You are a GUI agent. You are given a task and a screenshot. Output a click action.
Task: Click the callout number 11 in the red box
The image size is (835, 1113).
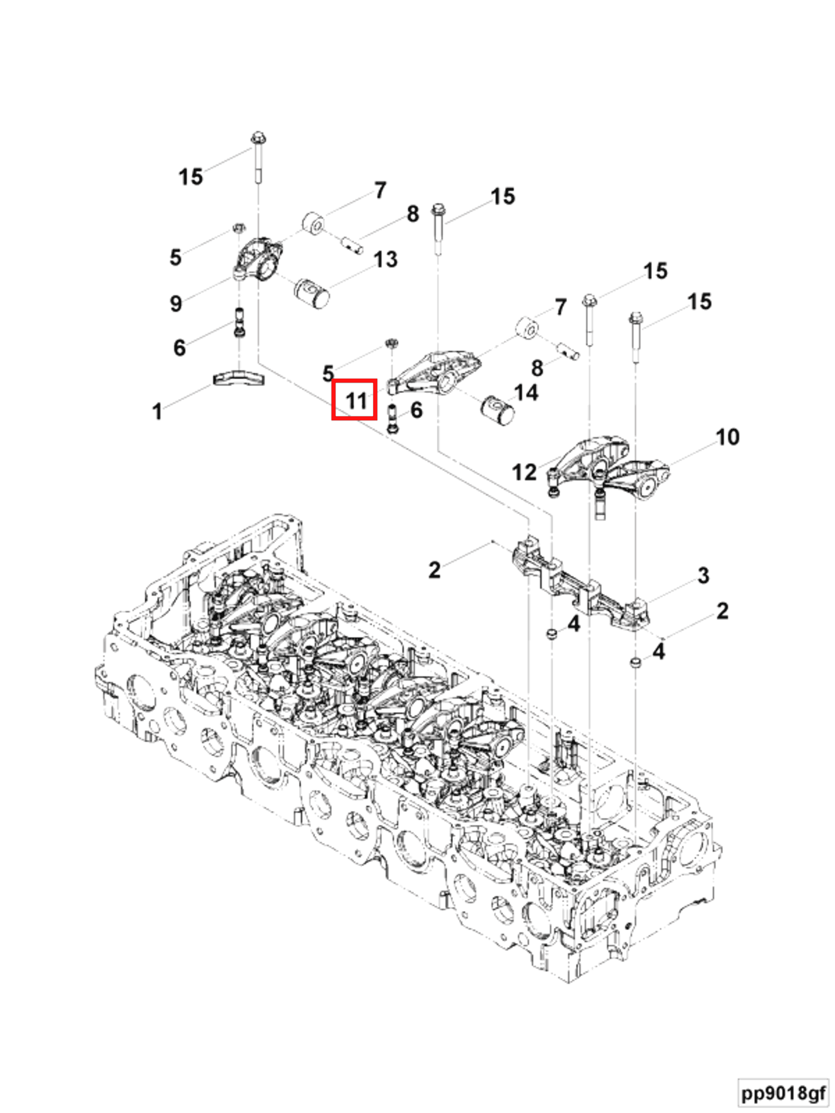(x=356, y=401)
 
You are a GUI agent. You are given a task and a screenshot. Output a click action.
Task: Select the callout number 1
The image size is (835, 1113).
(x=157, y=411)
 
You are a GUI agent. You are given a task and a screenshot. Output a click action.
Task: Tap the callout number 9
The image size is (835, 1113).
(x=175, y=304)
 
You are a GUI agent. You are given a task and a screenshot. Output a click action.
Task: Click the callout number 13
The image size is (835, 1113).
(x=386, y=260)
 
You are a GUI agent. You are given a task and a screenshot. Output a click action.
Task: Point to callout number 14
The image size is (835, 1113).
(x=526, y=393)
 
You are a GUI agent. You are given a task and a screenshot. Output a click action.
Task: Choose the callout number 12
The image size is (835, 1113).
(x=524, y=472)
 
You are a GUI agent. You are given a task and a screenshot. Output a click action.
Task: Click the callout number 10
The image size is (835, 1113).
(x=727, y=437)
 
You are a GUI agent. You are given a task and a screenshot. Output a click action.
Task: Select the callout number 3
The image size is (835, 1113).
(x=703, y=575)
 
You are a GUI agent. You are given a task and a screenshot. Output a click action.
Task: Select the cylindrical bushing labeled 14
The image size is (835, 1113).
(x=498, y=410)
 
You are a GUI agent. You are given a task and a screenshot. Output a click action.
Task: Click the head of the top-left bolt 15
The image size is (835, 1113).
(x=257, y=137)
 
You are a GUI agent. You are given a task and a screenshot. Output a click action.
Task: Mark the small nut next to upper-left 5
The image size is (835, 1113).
(x=239, y=229)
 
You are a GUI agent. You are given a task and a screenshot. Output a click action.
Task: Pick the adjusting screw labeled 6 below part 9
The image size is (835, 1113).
(x=240, y=322)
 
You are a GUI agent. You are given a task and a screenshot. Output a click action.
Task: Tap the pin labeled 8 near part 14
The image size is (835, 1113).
(x=567, y=351)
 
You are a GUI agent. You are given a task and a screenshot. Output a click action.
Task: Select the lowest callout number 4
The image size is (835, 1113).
(x=658, y=652)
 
